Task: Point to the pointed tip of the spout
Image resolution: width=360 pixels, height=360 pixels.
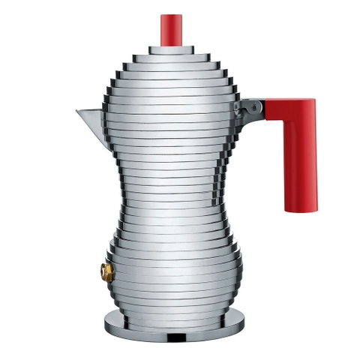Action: [x=77, y=113]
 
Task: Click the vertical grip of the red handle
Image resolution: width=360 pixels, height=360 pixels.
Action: [x=302, y=157]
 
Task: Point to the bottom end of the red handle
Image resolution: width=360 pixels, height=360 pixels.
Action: [x=302, y=207]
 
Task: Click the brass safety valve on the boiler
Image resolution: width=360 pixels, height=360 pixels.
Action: [x=107, y=270]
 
